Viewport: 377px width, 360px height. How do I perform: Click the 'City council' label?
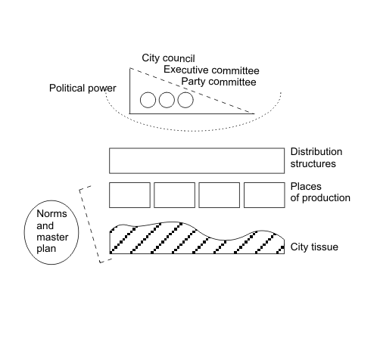pos(168,58)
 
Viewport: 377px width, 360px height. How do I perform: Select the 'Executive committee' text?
pos(211,70)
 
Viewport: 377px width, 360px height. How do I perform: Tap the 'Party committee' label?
pos(219,82)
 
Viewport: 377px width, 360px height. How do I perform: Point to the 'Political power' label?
pos(83,88)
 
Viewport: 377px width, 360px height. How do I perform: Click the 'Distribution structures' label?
pos(316,157)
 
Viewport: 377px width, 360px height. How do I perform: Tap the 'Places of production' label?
pos(320,192)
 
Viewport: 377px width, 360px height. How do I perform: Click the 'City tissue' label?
pos(314,247)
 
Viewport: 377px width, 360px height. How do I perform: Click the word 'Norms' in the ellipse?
pos(51,213)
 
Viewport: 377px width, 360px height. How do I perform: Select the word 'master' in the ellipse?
pos(52,237)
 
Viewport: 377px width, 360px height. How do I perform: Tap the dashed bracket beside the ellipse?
pos(89,225)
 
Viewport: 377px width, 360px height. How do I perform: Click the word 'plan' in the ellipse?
pos(46,249)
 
